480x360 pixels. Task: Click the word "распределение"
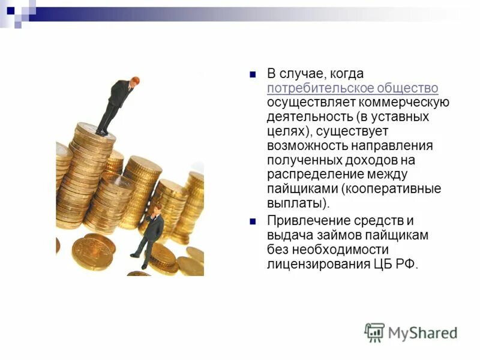310,175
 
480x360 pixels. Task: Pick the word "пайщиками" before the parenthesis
302,189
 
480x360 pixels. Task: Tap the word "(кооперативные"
391,189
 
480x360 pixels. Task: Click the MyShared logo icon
374,332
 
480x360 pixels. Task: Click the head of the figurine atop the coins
136,81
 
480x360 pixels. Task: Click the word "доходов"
370,160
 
